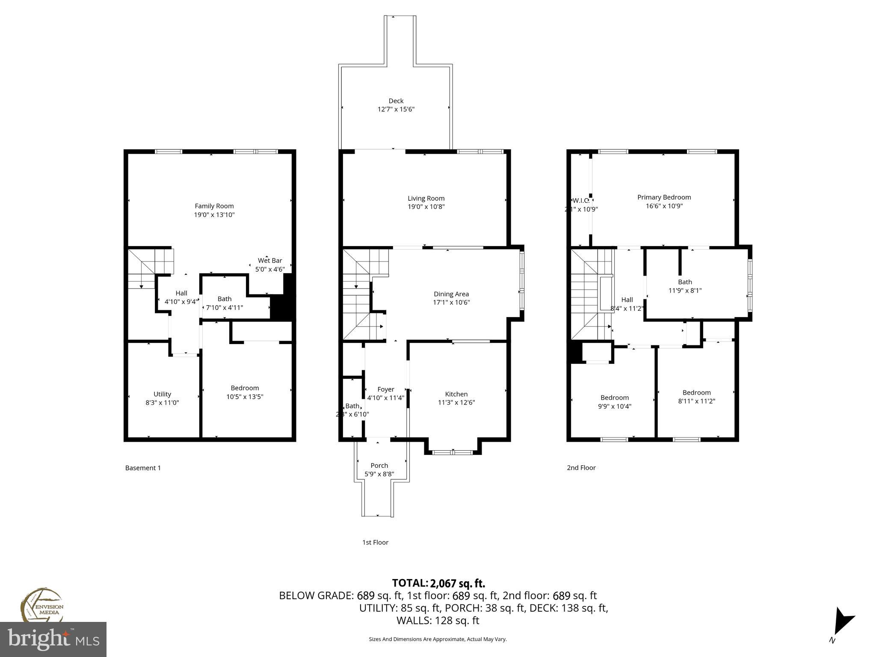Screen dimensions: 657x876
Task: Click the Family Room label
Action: pyautogui.click(x=214, y=206)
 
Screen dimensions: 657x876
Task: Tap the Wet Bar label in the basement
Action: pyautogui.click(x=270, y=260)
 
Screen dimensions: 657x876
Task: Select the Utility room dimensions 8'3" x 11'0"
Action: pyautogui.click(x=162, y=402)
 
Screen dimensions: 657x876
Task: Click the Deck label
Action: pyautogui.click(x=396, y=101)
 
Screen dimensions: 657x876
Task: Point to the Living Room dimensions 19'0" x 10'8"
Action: pyautogui.click(x=426, y=207)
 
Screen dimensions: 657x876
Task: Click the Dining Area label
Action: pyautogui.click(x=451, y=294)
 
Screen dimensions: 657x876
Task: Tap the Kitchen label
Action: pyautogui.click(x=456, y=394)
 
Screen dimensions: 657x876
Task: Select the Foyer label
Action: pyautogui.click(x=385, y=389)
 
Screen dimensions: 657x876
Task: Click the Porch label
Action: pyautogui.click(x=379, y=465)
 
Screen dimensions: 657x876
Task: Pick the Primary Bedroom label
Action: pyautogui.click(x=664, y=197)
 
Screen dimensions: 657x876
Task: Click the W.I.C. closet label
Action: pyautogui.click(x=581, y=200)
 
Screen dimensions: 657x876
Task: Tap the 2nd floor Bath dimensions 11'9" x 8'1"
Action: pyautogui.click(x=685, y=290)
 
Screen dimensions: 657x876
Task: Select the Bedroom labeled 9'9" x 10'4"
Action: pyautogui.click(x=615, y=398)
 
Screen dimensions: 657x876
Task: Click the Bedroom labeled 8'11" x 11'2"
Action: pyautogui.click(x=696, y=392)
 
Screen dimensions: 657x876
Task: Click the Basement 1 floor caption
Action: pyautogui.click(x=143, y=468)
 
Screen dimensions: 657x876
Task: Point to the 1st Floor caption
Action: pyautogui.click(x=375, y=542)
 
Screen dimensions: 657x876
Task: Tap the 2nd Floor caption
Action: pyautogui.click(x=581, y=468)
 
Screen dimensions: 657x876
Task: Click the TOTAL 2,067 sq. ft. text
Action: pyautogui.click(x=438, y=583)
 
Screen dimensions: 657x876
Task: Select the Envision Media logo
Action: pyautogui.click(x=41, y=605)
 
